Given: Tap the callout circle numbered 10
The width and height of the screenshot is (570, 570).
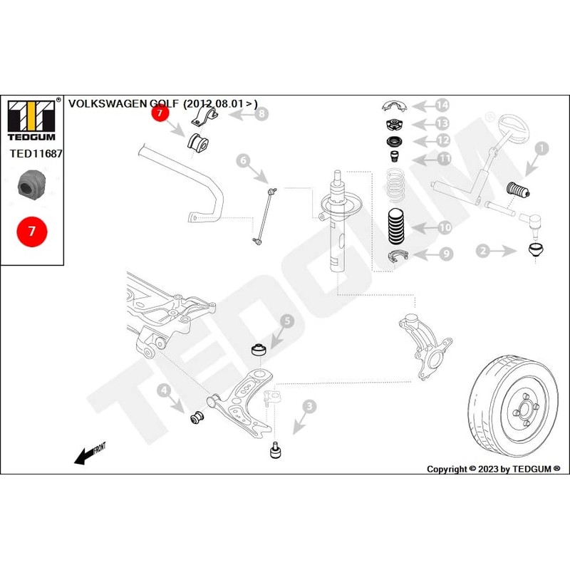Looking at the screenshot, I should pos(444,228).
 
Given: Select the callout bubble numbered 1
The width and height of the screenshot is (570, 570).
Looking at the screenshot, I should pos(541,149).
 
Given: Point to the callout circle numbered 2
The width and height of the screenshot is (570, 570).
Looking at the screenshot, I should pos(483,250).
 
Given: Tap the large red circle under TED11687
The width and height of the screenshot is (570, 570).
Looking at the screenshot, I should pos(32,232).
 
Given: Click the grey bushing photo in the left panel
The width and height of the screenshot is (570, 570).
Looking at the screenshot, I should pos(31,185).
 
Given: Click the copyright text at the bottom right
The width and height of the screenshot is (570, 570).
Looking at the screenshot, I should pos(493,469).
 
